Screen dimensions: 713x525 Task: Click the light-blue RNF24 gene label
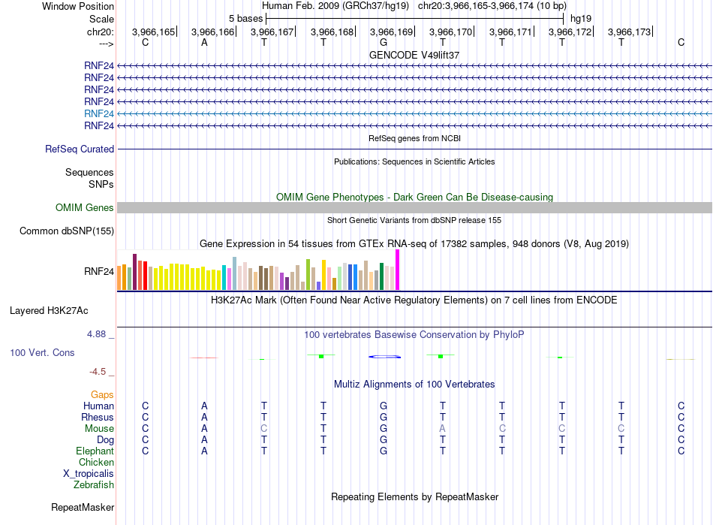pyautogui.click(x=98, y=113)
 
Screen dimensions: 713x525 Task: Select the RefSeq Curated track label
pyautogui.click(x=80, y=149)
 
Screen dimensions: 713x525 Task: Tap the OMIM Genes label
pyautogui.click(x=85, y=208)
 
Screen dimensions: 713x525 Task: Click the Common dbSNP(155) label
pyautogui.click(x=67, y=231)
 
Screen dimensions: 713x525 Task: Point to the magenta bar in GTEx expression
pyautogui.click(x=398, y=270)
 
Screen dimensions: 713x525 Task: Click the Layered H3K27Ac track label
pyautogui.click(x=49, y=311)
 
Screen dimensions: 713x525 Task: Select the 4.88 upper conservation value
pyautogui.click(x=96, y=334)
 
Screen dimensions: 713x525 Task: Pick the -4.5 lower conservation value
pyautogui.click(x=98, y=372)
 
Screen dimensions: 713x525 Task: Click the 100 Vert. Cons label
pyautogui.click(x=42, y=353)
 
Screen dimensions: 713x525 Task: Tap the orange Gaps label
pyautogui.click(x=102, y=395)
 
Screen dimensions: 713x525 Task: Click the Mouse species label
pyautogui.click(x=99, y=429)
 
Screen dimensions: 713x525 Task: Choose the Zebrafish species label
pyautogui.click(x=94, y=485)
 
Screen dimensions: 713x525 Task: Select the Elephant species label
pyautogui.click(x=95, y=451)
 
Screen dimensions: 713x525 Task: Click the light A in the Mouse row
pyautogui.click(x=443, y=429)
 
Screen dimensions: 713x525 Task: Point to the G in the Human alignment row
pyautogui.click(x=384, y=406)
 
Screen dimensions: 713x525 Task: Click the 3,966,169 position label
pyautogui.click(x=391, y=32)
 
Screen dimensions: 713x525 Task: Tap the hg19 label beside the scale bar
pyautogui.click(x=581, y=19)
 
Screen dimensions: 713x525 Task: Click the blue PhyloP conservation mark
pyautogui.click(x=385, y=357)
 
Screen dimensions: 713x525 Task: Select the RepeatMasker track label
pyautogui.click(x=83, y=508)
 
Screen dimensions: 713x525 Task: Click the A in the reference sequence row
pyautogui.click(x=204, y=43)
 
